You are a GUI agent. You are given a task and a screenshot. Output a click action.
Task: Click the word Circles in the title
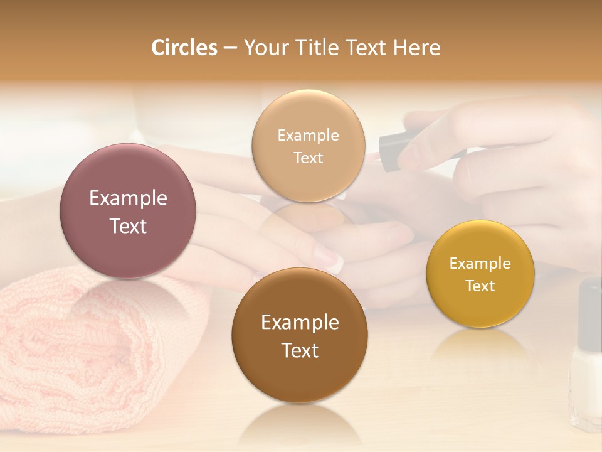pyautogui.click(x=184, y=48)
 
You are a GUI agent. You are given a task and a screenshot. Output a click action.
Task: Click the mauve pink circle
pyautogui.click(x=128, y=211)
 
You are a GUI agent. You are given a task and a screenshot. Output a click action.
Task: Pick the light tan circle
pyautogui.click(x=308, y=146)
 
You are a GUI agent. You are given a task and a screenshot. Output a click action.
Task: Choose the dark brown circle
pyautogui.click(x=299, y=335)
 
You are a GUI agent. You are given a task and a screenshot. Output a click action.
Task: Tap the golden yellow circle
pyautogui.click(x=480, y=274)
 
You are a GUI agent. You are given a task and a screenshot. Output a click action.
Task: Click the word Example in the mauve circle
pyautogui.click(x=128, y=198)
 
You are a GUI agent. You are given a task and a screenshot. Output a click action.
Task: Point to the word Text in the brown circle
pyautogui.click(x=300, y=350)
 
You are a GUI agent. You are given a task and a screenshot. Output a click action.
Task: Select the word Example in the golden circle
pyautogui.click(x=480, y=263)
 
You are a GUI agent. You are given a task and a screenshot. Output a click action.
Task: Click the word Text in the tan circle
pyautogui.click(x=308, y=158)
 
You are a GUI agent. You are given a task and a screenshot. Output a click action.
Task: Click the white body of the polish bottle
pyautogui.click(x=586, y=389)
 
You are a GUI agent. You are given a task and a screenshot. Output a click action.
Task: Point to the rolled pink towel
pyautogui.click(x=94, y=352)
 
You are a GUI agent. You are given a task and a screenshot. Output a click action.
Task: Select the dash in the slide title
pyautogui.click(x=230, y=48)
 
